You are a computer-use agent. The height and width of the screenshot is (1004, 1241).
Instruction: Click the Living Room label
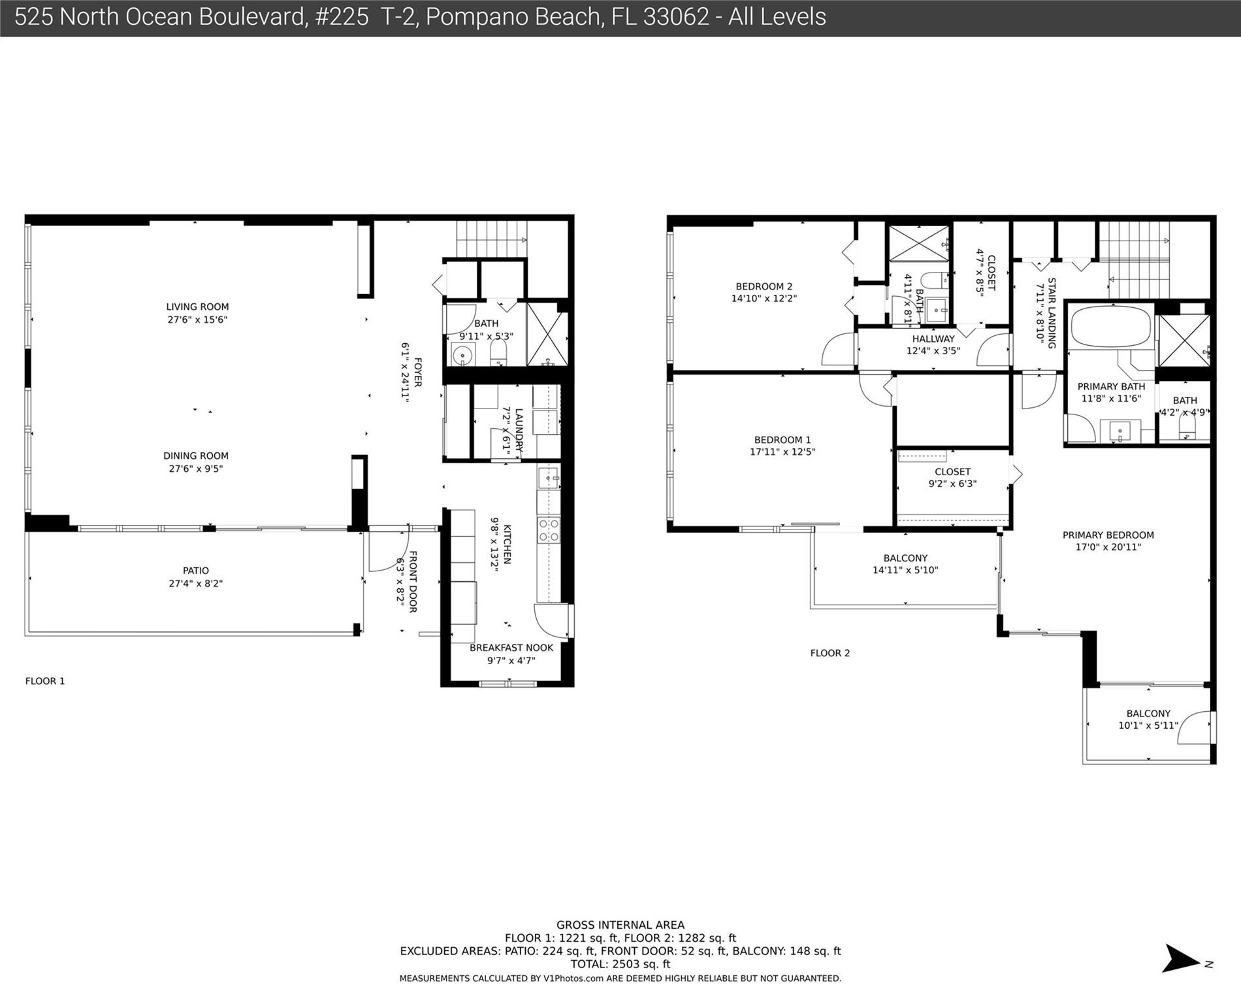pos(197,307)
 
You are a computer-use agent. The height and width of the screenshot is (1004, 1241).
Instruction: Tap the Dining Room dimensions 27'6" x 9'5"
pos(196,469)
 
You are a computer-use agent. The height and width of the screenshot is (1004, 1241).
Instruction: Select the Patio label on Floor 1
pos(196,571)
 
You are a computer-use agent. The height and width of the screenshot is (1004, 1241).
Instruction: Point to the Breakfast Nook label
pos(511,648)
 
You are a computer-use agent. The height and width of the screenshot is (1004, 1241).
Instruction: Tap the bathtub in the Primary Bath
pos(1110,326)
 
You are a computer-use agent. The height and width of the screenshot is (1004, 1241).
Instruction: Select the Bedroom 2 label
pos(764,286)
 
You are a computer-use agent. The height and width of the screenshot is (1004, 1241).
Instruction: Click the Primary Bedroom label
pos(1108,535)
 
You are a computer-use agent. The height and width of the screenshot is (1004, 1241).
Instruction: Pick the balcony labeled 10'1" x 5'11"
pos(1148,720)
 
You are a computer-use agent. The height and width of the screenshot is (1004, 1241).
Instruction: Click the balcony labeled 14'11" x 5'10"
pos(905,564)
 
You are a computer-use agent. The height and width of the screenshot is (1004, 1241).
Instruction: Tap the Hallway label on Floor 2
pos(933,339)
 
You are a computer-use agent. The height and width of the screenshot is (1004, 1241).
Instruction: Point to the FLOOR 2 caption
pos(830,653)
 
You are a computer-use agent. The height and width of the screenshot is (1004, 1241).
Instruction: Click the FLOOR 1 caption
pos(45,681)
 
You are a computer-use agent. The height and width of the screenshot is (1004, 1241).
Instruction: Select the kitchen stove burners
pos(548,529)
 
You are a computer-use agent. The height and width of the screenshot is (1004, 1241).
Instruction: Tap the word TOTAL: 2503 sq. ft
pos(620,964)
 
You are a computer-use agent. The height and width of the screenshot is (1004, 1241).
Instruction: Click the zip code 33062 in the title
pos(676,17)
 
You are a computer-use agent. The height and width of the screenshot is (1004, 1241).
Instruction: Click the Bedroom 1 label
pos(782,440)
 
